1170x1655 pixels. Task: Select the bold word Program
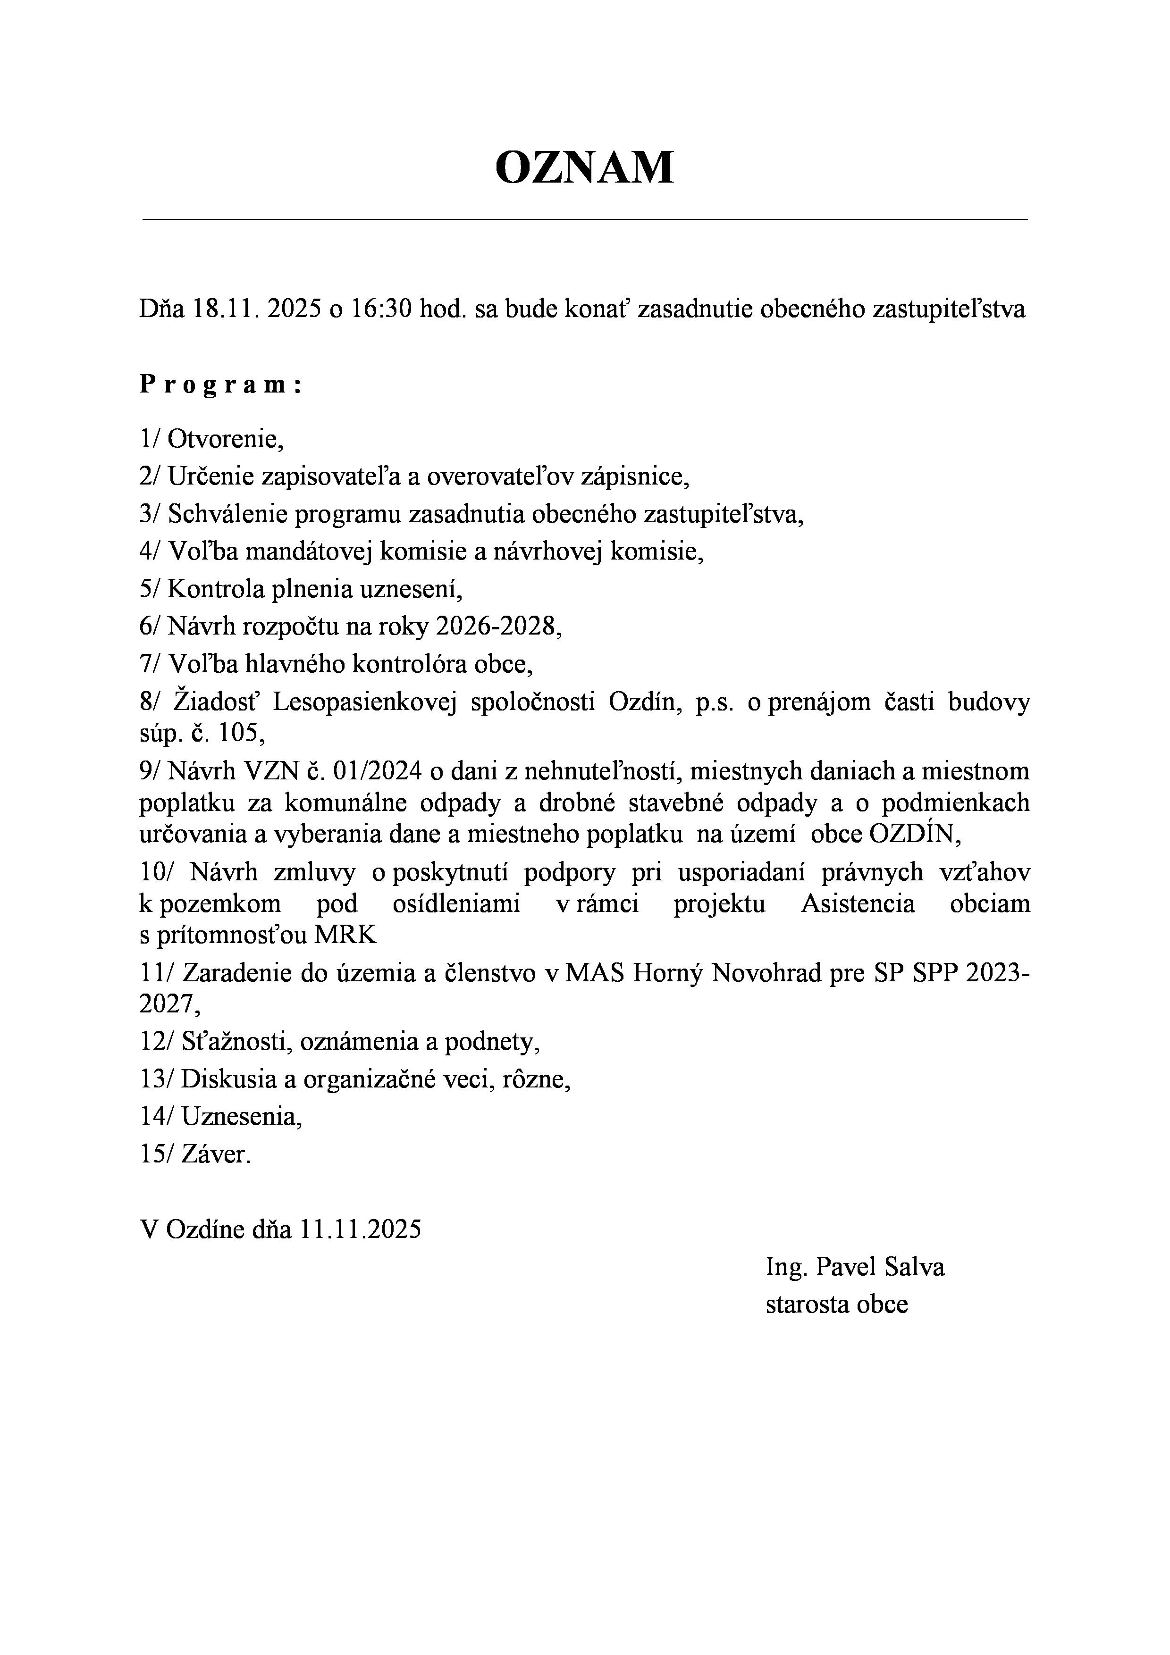point(220,385)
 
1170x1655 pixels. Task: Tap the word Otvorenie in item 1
point(225,438)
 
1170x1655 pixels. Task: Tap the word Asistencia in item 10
point(858,904)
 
